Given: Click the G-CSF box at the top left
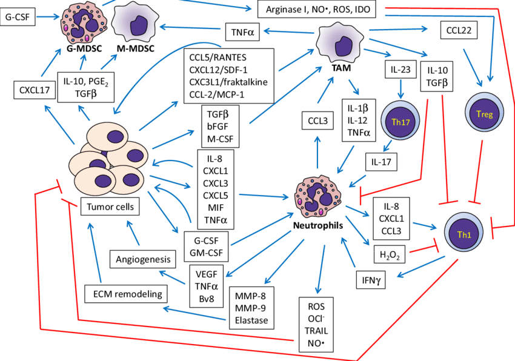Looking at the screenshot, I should point(18,18).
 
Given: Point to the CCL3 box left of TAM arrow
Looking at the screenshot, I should point(317,121).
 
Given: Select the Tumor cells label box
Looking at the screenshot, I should point(110,207).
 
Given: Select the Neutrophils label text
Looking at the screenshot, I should point(319,225).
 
